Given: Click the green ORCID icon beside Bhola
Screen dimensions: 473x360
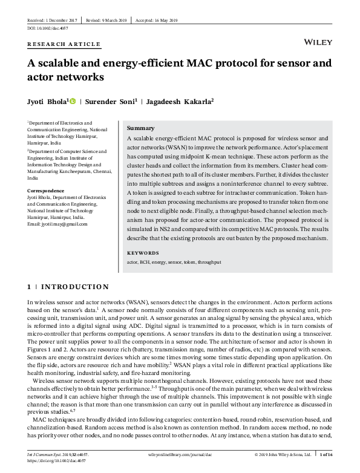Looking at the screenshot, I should pyautogui.click(x=73, y=101).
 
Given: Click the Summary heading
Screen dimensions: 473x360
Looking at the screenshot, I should pyautogui.click(x=140, y=128).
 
